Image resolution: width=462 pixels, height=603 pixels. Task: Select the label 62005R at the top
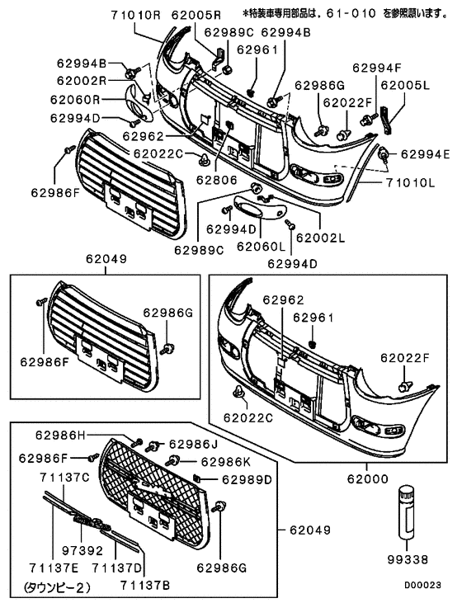(x=196, y=15)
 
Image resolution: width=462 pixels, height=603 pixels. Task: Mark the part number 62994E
(x=425, y=153)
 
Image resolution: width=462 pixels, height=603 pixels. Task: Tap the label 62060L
(x=260, y=245)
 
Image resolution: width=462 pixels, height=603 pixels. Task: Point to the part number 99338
(x=409, y=558)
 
